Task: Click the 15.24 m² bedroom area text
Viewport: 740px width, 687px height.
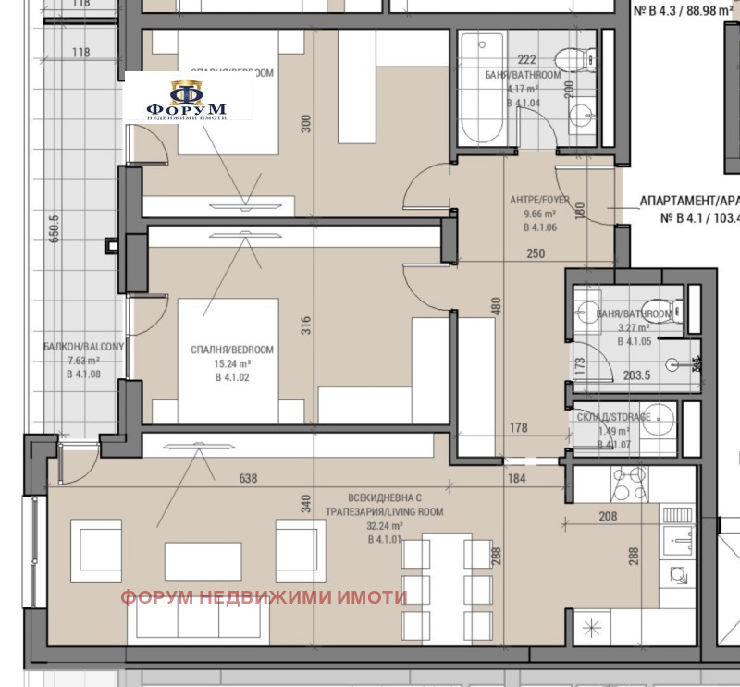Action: pyautogui.click(x=231, y=363)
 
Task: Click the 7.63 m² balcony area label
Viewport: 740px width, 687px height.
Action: pyautogui.click(x=82, y=361)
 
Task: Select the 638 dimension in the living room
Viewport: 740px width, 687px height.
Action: pyautogui.click(x=248, y=479)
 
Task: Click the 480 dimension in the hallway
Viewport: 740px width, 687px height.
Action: pyautogui.click(x=496, y=305)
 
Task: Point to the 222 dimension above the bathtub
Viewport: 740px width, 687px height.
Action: pyautogui.click(x=527, y=59)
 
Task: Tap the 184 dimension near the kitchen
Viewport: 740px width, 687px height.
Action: pyautogui.click(x=515, y=479)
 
